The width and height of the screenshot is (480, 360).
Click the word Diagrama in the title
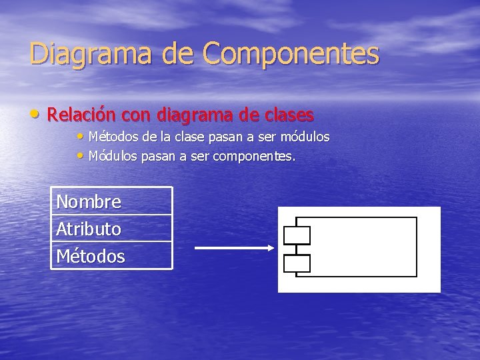click(90, 54)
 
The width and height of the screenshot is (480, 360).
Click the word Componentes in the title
click(291, 54)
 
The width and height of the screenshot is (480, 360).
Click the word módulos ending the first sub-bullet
click(305, 137)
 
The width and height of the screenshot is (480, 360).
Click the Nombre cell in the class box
click(111, 201)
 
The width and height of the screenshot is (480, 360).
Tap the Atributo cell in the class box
click(111, 229)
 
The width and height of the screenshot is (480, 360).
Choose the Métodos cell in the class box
click(111, 256)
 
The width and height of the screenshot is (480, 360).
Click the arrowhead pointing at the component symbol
click(271, 248)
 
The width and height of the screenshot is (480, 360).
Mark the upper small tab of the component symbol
click(297, 235)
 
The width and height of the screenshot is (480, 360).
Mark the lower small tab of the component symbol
click(297, 263)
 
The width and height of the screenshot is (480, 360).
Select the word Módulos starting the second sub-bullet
click(113, 157)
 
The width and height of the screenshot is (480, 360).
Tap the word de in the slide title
click(178, 54)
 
